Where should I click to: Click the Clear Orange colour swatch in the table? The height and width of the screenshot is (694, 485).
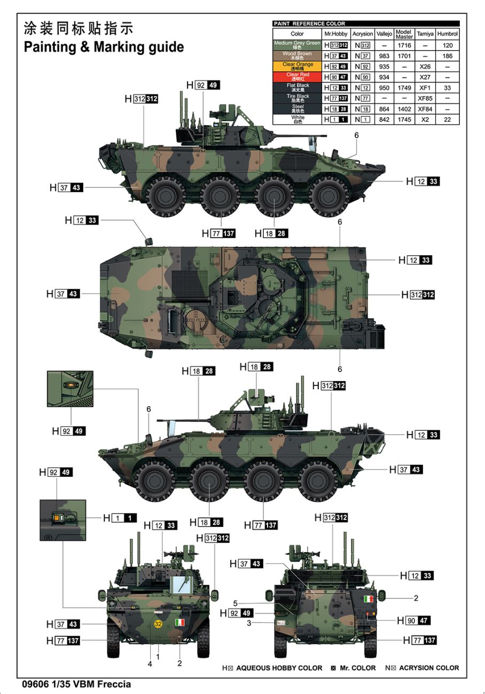(x=297, y=66)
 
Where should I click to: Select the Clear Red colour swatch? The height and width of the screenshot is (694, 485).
(x=297, y=77)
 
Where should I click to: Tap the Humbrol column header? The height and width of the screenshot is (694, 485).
(x=447, y=34)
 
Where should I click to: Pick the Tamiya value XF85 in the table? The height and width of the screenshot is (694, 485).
(x=425, y=99)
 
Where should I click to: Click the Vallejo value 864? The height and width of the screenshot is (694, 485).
(x=384, y=109)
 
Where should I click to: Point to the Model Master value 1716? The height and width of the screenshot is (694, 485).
(x=404, y=45)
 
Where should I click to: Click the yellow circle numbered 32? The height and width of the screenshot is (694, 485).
(x=158, y=624)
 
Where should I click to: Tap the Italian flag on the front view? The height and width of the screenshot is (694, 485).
(x=180, y=622)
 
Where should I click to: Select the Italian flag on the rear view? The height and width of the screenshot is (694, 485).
(x=368, y=599)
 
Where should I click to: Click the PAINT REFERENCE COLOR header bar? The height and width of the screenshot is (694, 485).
(x=366, y=23)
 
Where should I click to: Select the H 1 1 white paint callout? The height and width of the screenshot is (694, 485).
(x=120, y=518)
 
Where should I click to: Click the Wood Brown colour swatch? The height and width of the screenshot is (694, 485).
(x=297, y=56)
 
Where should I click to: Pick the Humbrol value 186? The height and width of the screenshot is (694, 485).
(x=447, y=56)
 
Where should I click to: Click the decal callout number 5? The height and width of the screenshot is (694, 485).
(x=235, y=604)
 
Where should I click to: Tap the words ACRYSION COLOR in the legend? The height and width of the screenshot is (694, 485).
(x=429, y=668)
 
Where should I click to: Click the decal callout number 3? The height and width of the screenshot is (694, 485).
(x=249, y=623)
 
